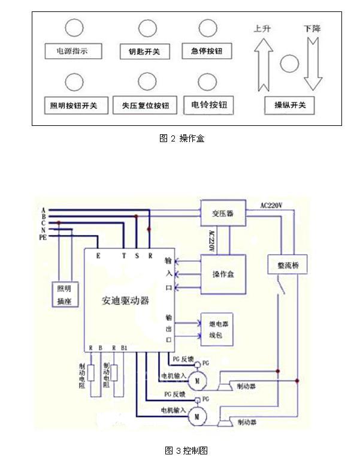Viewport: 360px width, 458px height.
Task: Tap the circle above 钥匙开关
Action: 147,28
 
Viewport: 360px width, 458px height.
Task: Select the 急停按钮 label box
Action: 207,51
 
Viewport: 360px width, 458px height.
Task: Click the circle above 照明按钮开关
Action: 74,82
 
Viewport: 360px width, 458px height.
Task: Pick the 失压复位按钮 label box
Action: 145,106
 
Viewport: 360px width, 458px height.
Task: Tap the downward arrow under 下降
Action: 313,62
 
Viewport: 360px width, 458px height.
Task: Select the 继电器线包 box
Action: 217,328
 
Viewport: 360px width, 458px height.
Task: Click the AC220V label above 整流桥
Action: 272,205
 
